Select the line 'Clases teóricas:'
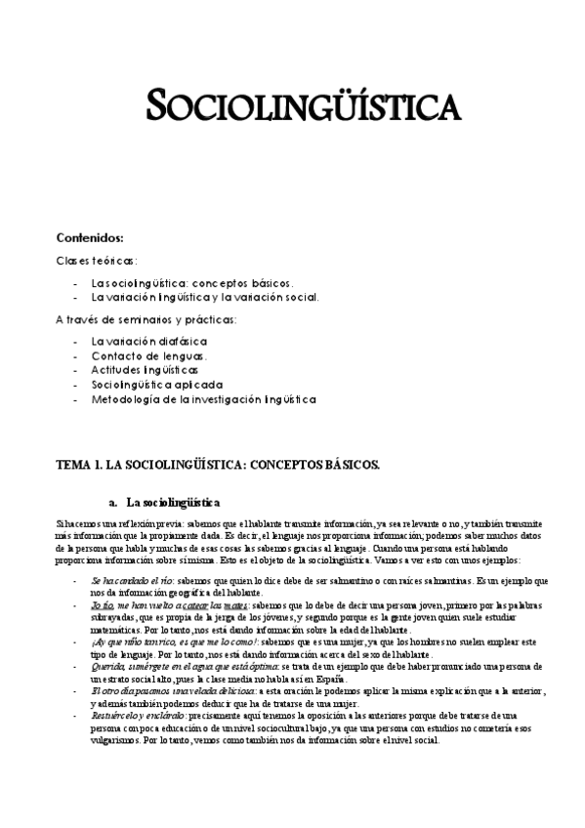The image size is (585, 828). tap(97, 260)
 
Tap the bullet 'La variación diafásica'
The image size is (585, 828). tap(148, 341)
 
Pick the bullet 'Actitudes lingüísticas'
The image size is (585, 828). tap(145, 370)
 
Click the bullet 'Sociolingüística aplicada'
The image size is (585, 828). tap(155, 385)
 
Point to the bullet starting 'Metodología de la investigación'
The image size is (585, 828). tap(203, 399)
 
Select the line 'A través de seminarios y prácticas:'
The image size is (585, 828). tap(146, 319)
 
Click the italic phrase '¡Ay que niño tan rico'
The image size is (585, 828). tap(144, 642)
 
